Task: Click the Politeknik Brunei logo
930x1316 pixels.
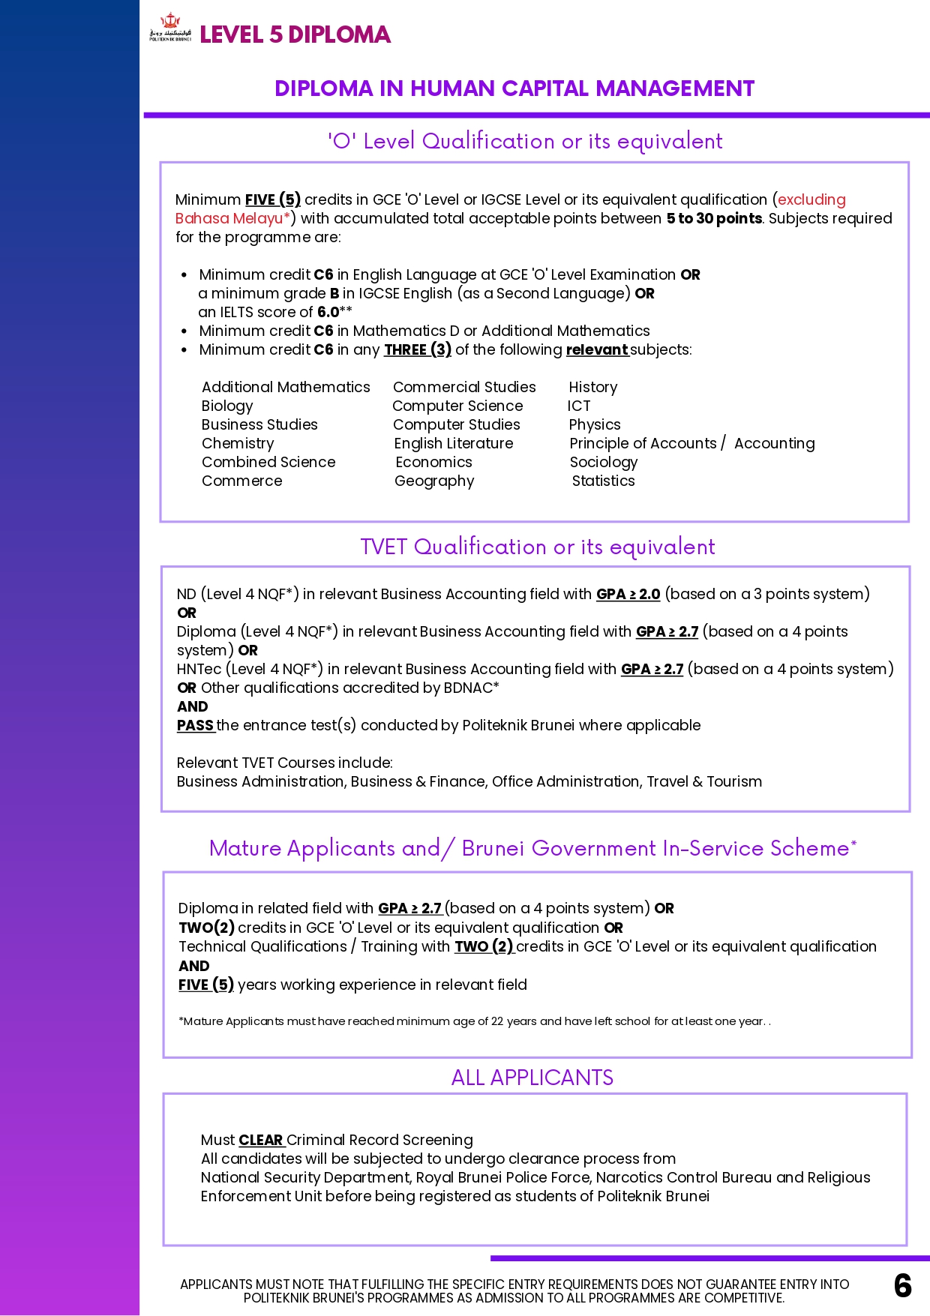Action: pyautogui.click(x=170, y=29)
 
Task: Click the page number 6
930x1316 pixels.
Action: pyautogui.click(x=902, y=1285)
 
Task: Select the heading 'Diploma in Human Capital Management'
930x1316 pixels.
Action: pyautogui.click(x=514, y=88)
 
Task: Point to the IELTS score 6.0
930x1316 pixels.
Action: pyautogui.click(x=328, y=312)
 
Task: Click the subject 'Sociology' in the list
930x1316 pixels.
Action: pyautogui.click(x=604, y=463)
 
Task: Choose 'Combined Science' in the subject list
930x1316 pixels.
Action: pyautogui.click(x=268, y=463)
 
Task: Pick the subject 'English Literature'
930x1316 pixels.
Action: pyautogui.click(x=454, y=444)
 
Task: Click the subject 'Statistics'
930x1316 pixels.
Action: pyautogui.click(x=603, y=481)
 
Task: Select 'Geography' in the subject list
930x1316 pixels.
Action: pyautogui.click(x=434, y=481)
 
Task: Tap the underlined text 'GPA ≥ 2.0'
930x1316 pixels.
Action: pyautogui.click(x=628, y=595)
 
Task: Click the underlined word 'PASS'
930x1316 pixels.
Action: pyautogui.click(x=196, y=726)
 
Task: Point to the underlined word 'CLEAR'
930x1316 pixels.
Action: pyautogui.click(x=261, y=1141)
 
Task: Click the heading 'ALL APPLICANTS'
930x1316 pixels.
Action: pyautogui.click(x=532, y=1078)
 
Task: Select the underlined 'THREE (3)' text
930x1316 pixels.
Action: pyautogui.click(x=418, y=350)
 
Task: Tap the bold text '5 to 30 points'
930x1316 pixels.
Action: pyautogui.click(x=714, y=219)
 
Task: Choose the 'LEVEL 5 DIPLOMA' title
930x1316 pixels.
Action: pyautogui.click(x=295, y=34)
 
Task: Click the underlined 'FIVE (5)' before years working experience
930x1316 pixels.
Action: pyautogui.click(x=206, y=985)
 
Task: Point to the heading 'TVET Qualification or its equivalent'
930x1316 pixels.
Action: pyautogui.click(x=537, y=547)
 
